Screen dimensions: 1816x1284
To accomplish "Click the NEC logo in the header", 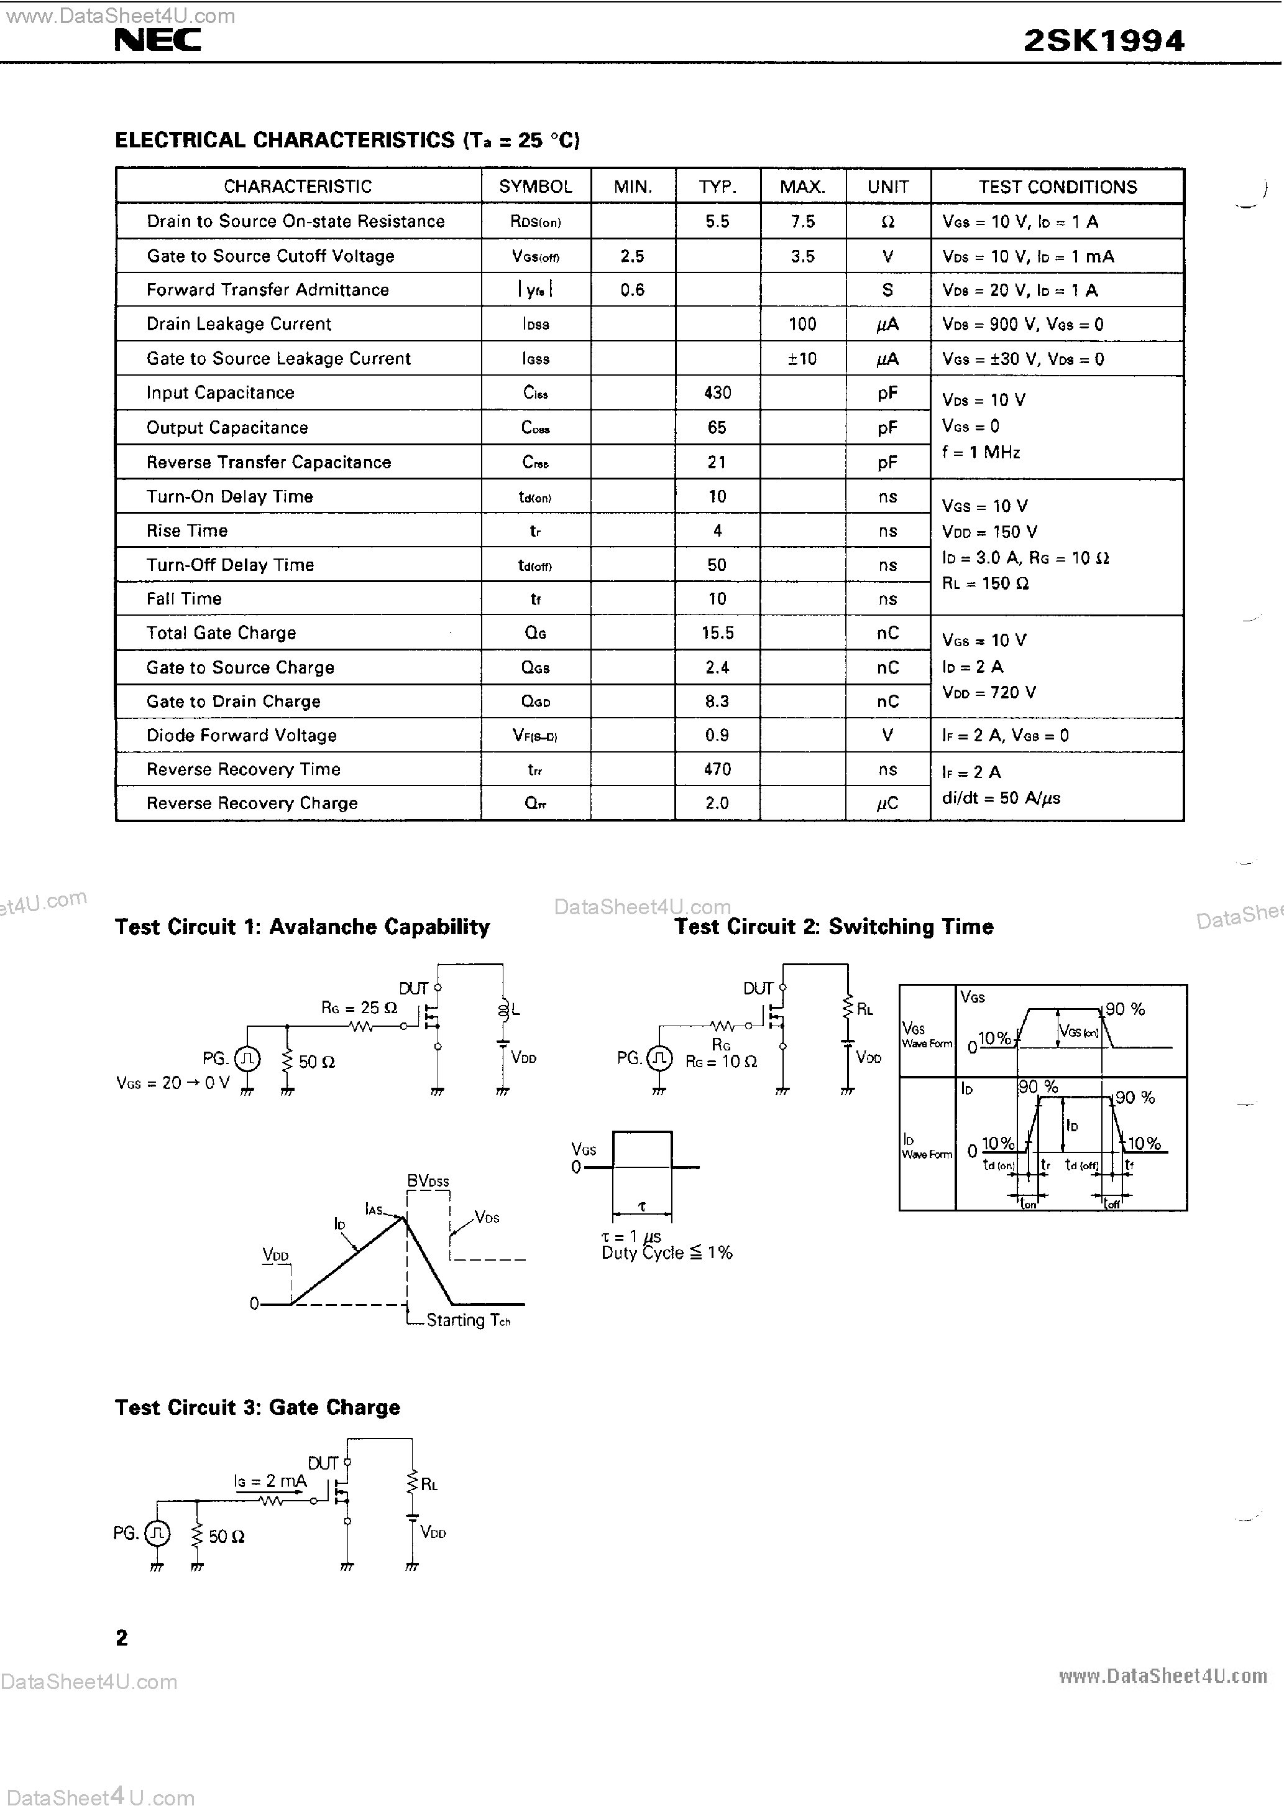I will click(x=157, y=40).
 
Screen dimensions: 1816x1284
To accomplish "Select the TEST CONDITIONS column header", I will click(x=1057, y=187).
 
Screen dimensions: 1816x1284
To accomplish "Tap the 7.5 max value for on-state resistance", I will click(x=802, y=221).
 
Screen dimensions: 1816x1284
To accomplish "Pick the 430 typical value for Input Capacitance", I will click(x=717, y=392).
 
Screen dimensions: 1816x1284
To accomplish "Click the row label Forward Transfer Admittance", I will click(x=267, y=289).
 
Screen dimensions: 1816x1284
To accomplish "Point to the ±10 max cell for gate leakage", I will click(x=802, y=358).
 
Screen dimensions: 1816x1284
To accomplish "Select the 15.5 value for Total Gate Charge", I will click(x=717, y=632).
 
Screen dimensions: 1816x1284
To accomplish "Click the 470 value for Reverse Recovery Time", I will click(x=717, y=769).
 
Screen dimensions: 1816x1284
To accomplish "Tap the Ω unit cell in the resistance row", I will click(x=887, y=221).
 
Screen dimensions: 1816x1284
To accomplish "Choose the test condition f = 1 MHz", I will click(x=980, y=452).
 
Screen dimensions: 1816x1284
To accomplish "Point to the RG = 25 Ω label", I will click(x=359, y=1008).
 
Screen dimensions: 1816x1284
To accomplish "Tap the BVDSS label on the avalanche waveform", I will click(x=428, y=1182).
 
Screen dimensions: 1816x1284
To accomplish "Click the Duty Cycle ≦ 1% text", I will click(x=666, y=1253).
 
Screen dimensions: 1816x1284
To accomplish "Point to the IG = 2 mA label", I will click(x=270, y=1481).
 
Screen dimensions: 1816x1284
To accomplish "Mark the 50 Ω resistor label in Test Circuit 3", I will click(x=226, y=1536).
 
